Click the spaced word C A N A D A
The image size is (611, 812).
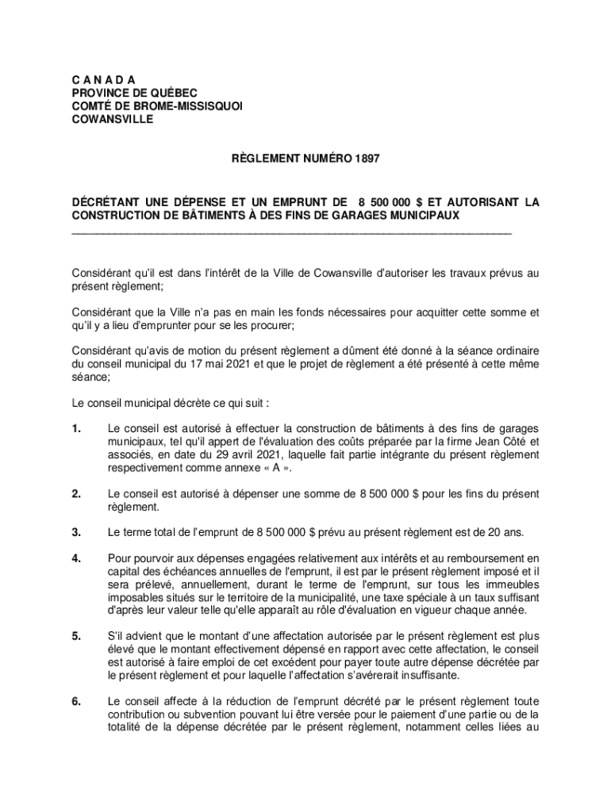click(103, 80)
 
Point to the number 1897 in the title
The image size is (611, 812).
click(368, 159)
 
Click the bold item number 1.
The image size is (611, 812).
click(76, 429)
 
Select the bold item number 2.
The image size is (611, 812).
click(76, 493)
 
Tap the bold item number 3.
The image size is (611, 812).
click(76, 531)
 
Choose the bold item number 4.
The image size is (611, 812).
click(76, 558)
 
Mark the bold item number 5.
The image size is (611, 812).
click(76, 636)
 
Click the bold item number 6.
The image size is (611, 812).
click(76, 701)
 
